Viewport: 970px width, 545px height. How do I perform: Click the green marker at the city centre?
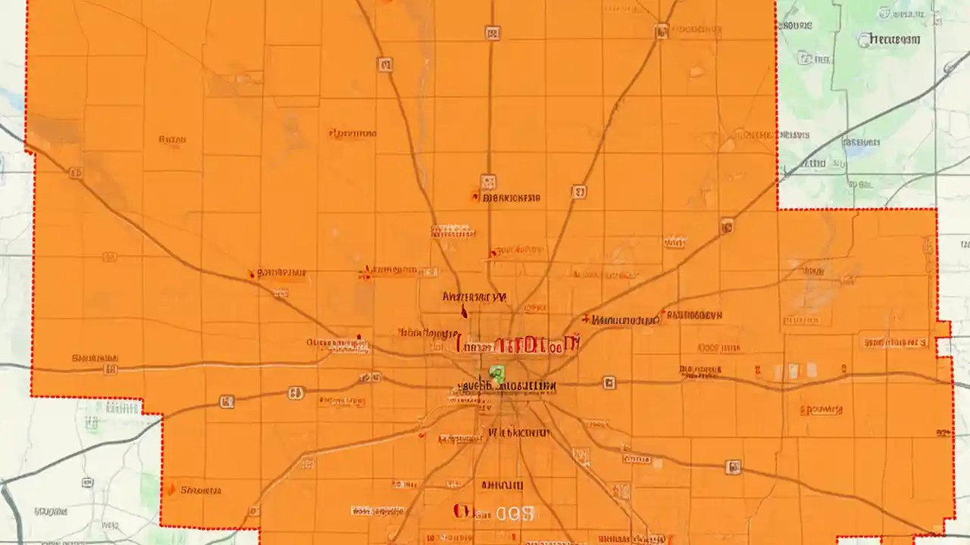[496, 373]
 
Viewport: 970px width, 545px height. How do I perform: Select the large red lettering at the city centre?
[518, 345]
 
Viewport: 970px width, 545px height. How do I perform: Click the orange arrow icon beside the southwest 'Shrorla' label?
[173, 490]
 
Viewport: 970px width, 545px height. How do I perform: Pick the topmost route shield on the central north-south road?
[493, 33]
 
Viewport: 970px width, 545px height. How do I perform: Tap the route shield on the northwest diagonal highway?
[76, 173]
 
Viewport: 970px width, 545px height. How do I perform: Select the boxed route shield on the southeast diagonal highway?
[733, 467]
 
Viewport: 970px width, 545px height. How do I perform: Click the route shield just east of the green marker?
[609, 384]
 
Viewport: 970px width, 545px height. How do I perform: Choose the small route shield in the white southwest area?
[87, 482]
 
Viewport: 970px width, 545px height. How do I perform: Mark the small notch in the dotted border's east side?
[944, 347]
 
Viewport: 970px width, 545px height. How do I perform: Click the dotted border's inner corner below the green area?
[778, 208]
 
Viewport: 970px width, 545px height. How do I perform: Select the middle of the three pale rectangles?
[793, 371]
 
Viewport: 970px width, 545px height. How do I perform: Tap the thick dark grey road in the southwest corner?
[9, 507]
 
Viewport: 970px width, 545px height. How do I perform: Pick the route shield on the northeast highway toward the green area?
[727, 225]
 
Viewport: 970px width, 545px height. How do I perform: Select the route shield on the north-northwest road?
[385, 65]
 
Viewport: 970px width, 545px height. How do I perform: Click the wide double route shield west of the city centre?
[296, 393]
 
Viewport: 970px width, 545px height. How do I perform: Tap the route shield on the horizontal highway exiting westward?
[111, 369]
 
